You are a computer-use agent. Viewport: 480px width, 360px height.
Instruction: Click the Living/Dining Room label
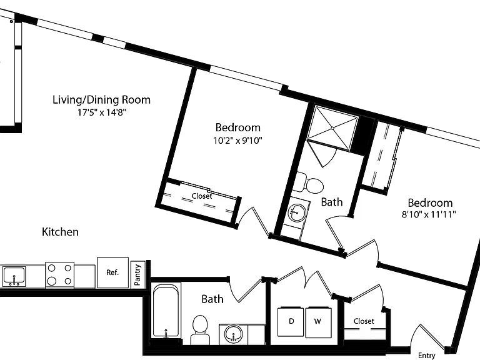tap(102, 100)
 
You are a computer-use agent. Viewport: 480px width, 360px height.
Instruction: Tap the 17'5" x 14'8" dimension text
tap(102, 112)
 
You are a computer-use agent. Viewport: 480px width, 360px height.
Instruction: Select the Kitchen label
tap(60, 232)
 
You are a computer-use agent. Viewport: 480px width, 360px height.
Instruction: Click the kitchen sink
tap(14, 276)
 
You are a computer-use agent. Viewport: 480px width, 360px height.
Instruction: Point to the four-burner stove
tap(60, 275)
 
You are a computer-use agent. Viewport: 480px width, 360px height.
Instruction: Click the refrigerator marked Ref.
tap(112, 272)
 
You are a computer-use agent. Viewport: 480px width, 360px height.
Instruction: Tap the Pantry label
tap(137, 274)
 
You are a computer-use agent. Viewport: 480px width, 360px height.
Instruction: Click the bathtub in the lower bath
tap(166, 311)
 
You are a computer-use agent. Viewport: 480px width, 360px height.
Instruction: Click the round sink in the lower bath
tap(234, 334)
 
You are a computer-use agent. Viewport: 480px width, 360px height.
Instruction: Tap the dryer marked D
tap(291, 322)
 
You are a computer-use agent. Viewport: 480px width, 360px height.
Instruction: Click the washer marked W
tap(318, 322)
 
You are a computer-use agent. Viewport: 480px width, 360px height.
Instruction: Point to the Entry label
tap(426, 356)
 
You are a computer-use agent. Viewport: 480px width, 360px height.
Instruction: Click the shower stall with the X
tap(332, 128)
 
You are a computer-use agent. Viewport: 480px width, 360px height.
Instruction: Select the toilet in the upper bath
tap(309, 183)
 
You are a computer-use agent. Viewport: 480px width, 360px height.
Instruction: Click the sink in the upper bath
tap(297, 212)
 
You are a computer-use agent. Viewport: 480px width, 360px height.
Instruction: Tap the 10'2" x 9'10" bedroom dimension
tap(238, 141)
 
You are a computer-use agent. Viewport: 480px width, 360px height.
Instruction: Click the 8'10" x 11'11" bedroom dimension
tap(429, 214)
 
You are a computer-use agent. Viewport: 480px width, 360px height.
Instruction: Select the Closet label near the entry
tap(364, 321)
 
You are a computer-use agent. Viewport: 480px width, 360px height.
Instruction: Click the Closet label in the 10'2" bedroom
tap(202, 196)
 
